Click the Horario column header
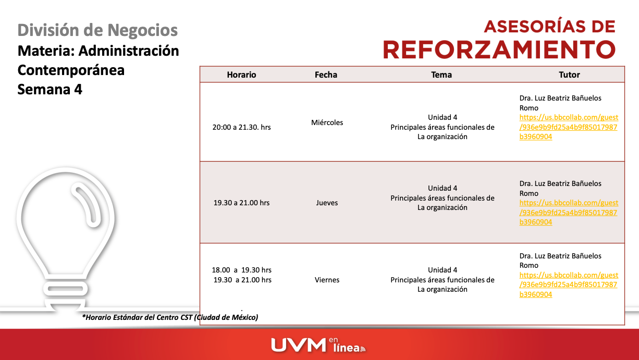pos(241,75)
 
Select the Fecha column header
pos(326,75)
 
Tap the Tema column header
pos(441,75)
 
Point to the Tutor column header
pos(569,75)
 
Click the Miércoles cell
pos(327,122)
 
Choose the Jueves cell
pos(327,203)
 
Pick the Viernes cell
pos(327,280)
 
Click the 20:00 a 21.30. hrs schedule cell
pos(241,127)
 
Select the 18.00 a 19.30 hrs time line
pos(241,270)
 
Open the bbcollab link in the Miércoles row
pos(568,127)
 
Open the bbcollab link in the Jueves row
pos(568,213)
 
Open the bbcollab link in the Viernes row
pos(568,285)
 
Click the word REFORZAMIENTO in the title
pos(499,49)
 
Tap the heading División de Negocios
pos(97,30)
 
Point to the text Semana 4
pos(50,89)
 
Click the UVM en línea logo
pos(318,344)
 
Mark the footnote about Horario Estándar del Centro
pos(170,317)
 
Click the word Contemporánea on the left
pos(71,70)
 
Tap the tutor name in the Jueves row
pos(560,188)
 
